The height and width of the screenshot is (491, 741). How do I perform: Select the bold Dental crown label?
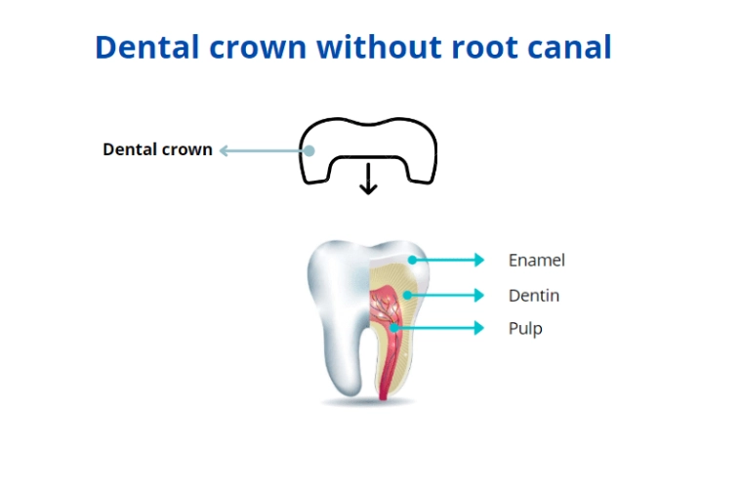[x=157, y=150]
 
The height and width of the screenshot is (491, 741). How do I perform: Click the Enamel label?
[x=536, y=260]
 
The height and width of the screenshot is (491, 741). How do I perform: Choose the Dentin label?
[x=533, y=295]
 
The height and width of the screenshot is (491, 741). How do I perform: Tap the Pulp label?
[x=524, y=329]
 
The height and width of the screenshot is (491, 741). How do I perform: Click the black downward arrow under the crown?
[x=368, y=180]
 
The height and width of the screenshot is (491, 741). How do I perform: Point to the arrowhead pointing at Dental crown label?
[x=224, y=150]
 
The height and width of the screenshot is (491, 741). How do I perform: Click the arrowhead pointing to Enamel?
[x=478, y=260]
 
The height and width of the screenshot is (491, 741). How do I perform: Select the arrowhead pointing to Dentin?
[x=478, y=294]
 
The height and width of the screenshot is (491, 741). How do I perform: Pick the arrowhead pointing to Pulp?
[x=478, y=328]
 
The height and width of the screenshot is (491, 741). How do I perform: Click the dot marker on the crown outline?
[x=309, y=150]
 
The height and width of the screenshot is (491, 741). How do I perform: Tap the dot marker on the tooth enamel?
[x=413, y=260]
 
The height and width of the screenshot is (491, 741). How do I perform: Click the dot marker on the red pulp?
[x=392, y=328]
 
